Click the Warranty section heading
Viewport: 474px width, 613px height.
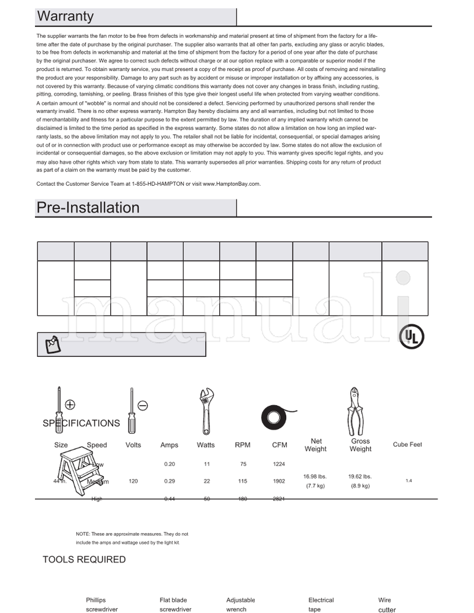(65, 17)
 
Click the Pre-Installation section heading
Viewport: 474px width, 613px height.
(88, 208)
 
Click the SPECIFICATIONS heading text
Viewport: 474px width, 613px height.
(81, 423)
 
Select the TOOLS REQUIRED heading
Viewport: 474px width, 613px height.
(84, 560)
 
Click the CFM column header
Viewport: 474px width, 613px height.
(279, 445)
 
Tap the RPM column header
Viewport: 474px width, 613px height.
(242, 445)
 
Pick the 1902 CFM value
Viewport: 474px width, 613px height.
(279, 482)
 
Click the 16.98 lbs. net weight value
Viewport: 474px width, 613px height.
(315, 476)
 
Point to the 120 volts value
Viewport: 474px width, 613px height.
(133, 482)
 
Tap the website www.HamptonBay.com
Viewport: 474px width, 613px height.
(231, 184)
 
